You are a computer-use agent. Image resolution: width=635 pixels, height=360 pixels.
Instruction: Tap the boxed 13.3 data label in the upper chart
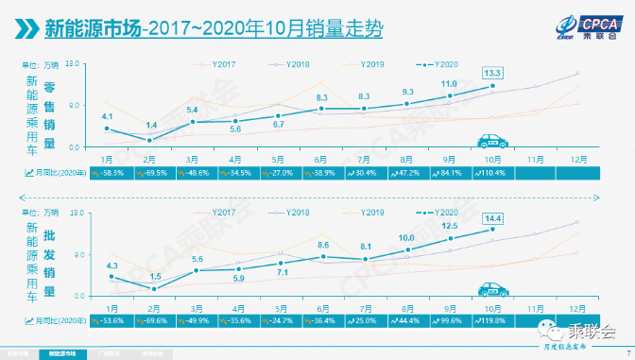pos(492,72)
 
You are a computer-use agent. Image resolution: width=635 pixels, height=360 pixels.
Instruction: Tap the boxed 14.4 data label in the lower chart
pos(492,218)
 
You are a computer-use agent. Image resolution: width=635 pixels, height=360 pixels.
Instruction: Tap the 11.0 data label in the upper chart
pos(450,84)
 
